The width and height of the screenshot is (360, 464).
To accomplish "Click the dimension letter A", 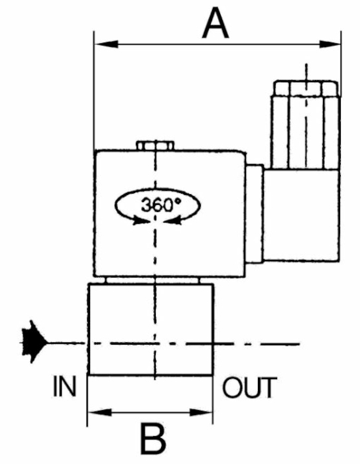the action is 215,24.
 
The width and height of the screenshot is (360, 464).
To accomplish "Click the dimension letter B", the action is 152,439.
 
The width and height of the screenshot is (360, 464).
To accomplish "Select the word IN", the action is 64,386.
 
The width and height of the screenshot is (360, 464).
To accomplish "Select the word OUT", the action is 249,387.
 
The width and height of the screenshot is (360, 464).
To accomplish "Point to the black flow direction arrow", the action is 34,342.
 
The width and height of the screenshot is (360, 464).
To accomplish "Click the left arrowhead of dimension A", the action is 106,44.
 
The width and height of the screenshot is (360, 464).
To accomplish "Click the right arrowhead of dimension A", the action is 330,44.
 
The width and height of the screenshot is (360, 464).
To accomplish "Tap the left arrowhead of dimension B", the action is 100,412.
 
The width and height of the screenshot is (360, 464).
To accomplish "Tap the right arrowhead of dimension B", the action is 201,412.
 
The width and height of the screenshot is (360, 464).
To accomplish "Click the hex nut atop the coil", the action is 155,146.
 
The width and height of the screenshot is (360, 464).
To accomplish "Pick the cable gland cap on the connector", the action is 306,88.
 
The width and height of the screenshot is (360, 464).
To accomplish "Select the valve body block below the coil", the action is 150,329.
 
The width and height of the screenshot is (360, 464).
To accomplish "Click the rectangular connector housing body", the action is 301,215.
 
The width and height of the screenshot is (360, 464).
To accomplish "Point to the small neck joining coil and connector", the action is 254,213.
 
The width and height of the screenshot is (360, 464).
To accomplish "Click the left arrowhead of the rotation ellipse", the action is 139,221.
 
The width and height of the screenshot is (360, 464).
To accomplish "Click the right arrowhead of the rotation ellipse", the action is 172,221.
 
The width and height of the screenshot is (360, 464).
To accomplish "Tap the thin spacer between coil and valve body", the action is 152,280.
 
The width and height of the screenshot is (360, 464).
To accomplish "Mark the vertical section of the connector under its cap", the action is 306,133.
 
